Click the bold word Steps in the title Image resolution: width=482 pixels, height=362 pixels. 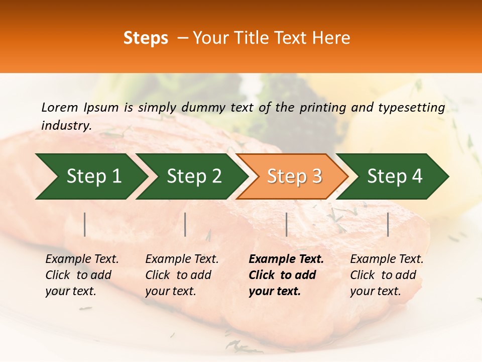coord(146,38)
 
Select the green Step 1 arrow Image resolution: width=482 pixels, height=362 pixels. coord(90,176)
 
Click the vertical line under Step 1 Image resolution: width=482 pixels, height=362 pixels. coord(85,224)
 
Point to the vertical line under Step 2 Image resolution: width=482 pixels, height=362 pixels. coord(185,224)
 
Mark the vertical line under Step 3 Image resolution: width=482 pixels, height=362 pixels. coord(286,224)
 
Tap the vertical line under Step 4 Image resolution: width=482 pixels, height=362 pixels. coord(388,224)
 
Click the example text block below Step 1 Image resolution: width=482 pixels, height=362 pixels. coord(82,275)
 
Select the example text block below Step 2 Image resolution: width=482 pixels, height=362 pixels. coord(182,275)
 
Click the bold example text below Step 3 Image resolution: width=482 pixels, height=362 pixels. coord(286,275)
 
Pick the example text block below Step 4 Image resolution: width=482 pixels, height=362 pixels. coord(387,275)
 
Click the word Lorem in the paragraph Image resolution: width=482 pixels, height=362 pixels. coord(60,108)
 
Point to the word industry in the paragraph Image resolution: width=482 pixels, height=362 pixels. coord(66,126)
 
